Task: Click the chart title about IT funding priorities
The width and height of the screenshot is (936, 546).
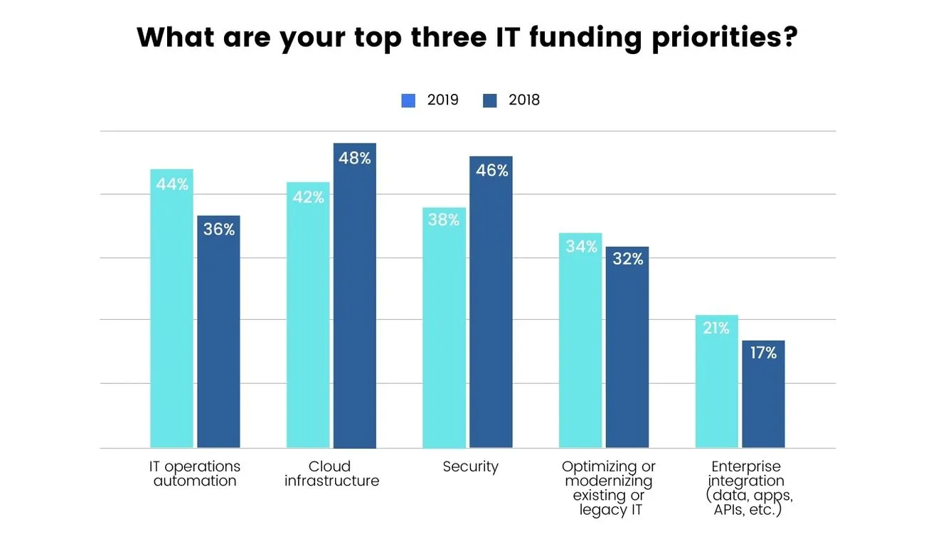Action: tap(467, 38)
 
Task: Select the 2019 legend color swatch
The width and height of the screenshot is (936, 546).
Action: tap(408, 100)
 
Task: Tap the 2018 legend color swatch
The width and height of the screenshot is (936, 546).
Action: tap(489, 100)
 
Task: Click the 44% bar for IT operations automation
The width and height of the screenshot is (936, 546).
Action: tap(171, 313)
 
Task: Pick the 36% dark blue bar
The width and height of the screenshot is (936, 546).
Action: tap(218, 334)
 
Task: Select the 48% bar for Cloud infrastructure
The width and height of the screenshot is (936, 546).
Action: tap(355, 299)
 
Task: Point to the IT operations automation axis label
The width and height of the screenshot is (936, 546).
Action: tap(194, 473)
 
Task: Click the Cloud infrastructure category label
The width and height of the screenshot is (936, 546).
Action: tap(331, 473)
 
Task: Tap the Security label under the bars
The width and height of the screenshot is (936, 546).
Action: tap(470, 467)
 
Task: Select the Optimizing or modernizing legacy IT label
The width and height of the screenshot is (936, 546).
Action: tap(608, 488)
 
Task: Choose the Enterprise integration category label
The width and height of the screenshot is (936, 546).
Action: tap(745, 488)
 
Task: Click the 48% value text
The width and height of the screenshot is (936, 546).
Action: tap(355, 159)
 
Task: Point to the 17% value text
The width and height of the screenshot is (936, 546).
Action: tap(762, 353)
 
